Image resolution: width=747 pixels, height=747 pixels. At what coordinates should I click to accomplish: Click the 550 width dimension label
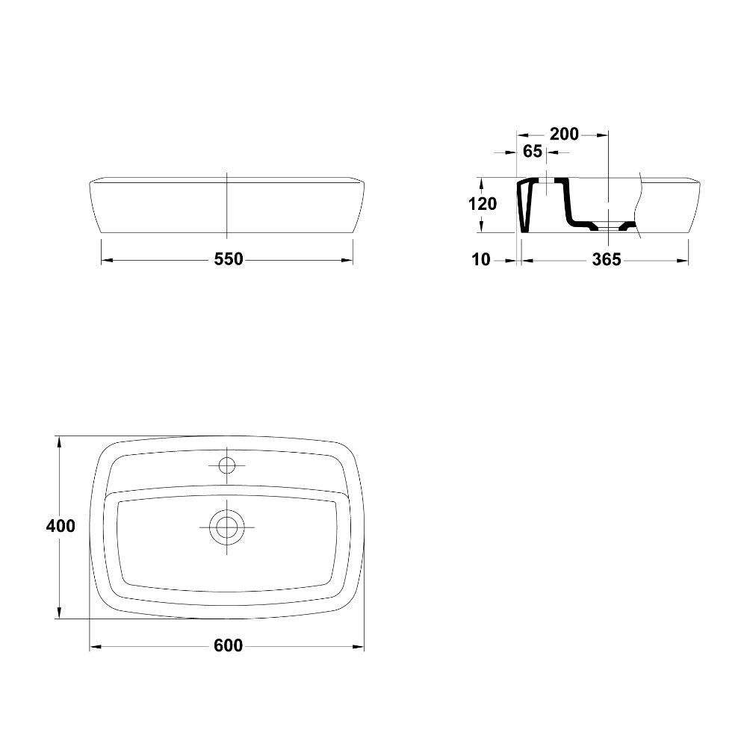point(229,259)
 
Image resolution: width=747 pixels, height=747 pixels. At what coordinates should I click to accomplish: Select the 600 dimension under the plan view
point(228,645)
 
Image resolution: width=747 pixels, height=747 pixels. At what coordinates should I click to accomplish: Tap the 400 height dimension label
point(61,526)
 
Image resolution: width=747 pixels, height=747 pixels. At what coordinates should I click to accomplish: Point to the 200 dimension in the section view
point(564,134)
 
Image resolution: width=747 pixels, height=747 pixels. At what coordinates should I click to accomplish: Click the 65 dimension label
point(532,152)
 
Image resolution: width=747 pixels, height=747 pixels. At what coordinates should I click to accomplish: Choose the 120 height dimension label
point(482,204)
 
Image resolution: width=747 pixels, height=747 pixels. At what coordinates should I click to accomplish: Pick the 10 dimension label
point(481,260)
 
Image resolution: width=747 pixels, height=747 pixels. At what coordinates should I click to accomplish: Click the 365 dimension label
point(606,260)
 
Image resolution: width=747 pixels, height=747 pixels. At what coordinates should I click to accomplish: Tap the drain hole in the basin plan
point(226,527)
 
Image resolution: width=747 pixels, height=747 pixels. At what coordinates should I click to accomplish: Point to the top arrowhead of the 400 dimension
point(58,441)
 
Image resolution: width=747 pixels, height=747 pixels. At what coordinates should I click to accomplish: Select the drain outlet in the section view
point(610,226)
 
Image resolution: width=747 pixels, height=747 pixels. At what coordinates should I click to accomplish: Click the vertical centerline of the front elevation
point(226,205)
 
